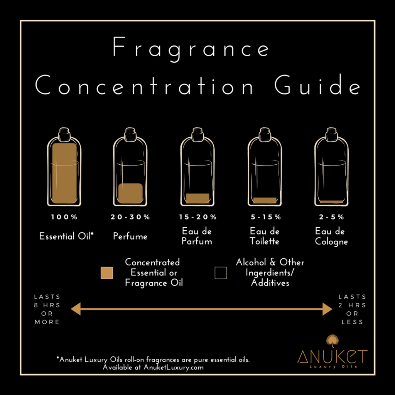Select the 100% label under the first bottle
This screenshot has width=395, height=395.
pos(64,217)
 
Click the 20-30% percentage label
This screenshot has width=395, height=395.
pos(130,217)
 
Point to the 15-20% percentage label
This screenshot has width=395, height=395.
pos(198,217)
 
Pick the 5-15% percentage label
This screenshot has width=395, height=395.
pos(265,217)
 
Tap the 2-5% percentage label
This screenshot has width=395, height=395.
pos(331,217)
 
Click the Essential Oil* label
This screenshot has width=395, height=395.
pos(67,236)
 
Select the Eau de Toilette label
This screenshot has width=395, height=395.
pos(264,236)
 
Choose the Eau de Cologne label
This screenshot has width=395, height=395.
pos(331,236)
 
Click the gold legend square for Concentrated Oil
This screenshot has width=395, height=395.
pos(106,273)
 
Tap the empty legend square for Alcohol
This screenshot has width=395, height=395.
pos(221,273)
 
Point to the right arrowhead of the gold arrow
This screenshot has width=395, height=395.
pos(327,309)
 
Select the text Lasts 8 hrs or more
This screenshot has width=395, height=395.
pos(47,309)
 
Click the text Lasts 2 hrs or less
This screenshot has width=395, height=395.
pos(352,309)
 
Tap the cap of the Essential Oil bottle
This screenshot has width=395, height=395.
pos(64,135)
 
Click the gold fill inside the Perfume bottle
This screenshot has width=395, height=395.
pos(130,193)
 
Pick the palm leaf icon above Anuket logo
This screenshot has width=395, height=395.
pos(331,341)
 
